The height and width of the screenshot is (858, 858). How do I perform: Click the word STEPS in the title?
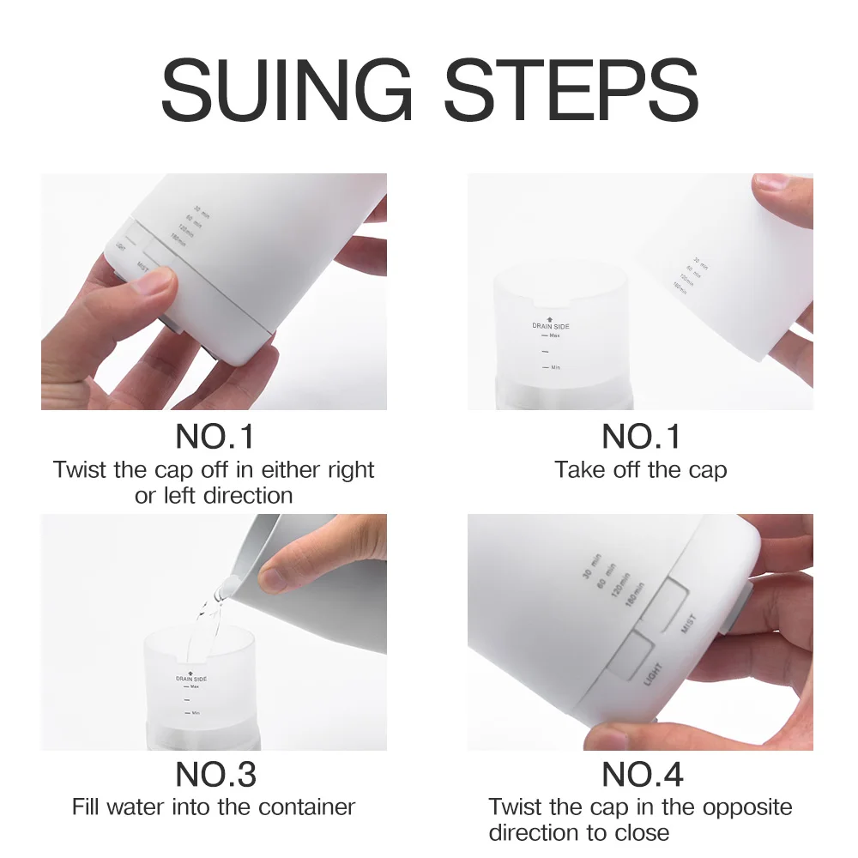point(571,90)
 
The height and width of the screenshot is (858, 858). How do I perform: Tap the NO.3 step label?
point(215,775)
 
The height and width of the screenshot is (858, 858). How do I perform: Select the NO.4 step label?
point(642,775)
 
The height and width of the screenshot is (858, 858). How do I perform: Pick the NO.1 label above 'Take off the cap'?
point(642,437)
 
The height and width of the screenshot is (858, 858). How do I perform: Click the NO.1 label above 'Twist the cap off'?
point(215,437)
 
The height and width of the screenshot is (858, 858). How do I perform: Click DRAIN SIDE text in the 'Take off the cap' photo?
point(550,326)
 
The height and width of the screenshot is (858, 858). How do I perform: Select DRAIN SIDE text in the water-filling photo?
point(191,678)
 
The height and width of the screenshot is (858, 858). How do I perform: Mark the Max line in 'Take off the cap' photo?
point(550,335)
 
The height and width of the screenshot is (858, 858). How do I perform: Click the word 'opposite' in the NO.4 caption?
point(747,807)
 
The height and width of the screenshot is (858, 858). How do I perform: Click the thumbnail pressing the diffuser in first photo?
point(154,281)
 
